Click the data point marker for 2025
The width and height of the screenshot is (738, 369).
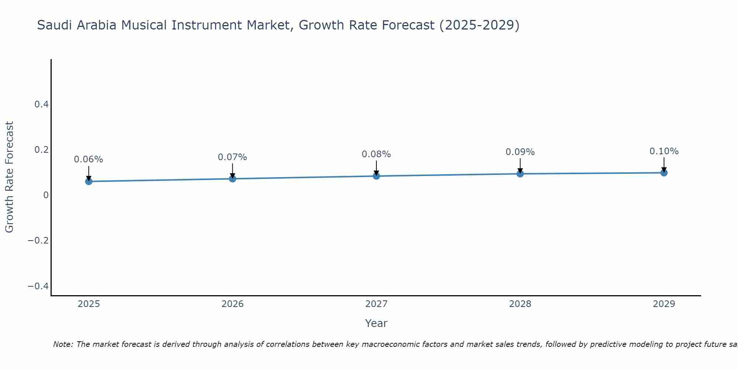89,181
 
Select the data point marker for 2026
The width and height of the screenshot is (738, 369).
232,179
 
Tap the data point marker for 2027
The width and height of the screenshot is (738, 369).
376,176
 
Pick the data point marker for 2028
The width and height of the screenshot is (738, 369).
520,173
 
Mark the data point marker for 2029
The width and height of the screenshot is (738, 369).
664,172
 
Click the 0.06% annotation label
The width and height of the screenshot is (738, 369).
89,159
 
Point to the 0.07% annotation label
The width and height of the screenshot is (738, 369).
232,157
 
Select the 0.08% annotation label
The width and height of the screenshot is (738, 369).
376,154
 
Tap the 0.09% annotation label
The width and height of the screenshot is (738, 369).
520,152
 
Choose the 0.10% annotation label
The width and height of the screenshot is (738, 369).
664,151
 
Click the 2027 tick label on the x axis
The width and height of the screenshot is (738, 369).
376,304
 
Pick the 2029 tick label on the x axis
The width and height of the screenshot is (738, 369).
664,304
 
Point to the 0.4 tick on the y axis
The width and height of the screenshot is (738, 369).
42,104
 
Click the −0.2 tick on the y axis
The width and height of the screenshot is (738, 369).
38,241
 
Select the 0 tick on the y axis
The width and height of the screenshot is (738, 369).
46,195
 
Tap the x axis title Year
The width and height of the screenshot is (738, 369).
376,323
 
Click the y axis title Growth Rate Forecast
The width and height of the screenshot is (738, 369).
9,177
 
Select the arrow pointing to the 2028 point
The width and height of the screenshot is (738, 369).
520,165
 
